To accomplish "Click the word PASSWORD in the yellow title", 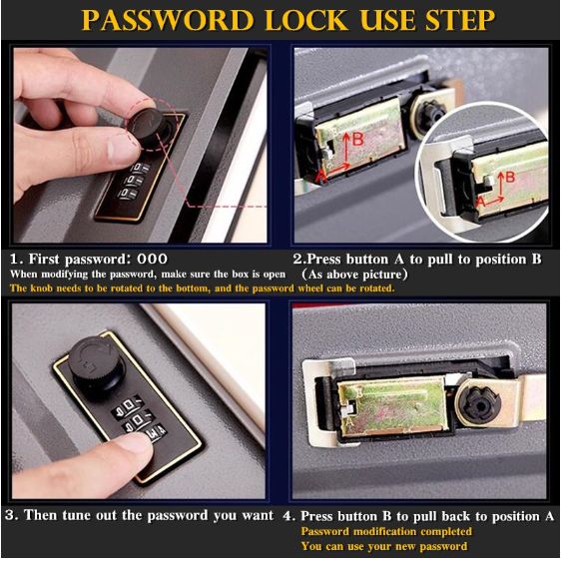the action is coord(168,20).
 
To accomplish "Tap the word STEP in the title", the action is coord(460,20).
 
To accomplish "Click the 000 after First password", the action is coord(153,259).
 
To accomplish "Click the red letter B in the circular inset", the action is coord(510,177).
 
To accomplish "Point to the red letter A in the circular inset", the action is coord(480,202).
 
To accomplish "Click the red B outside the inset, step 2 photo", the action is coord(357,140).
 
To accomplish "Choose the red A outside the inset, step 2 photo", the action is coord(321,176).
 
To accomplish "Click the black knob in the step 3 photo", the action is coord(97,361).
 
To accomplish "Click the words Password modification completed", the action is coord(386,531).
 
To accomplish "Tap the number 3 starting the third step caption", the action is coord(10,516).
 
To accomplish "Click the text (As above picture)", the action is coord(354,275).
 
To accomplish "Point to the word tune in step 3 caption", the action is coord(77,516).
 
